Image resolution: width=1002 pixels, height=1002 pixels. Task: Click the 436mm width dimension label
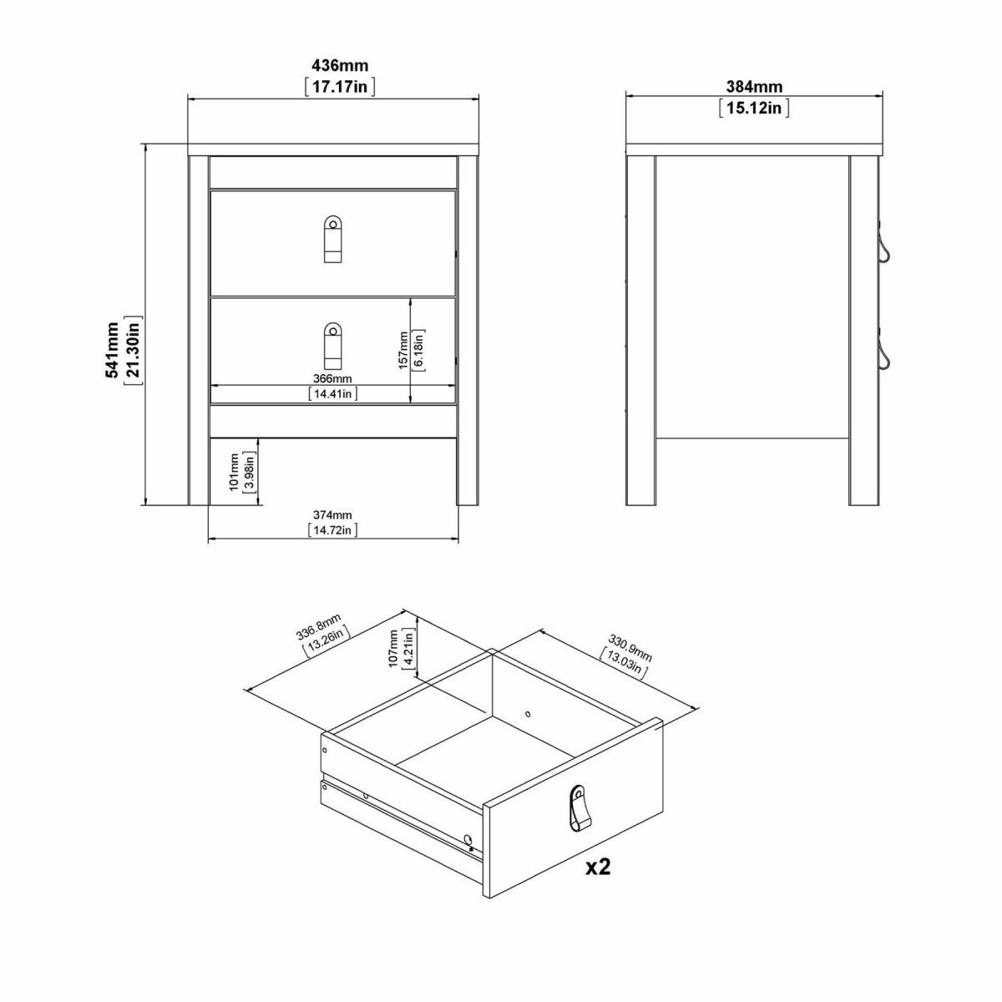pyautogui.click(x=340, y=65)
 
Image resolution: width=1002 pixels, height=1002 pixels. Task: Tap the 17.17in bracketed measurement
pyautogui.click(x=340, y=86)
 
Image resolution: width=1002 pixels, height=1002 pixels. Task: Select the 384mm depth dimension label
pyautogui.click(x=754, y=86)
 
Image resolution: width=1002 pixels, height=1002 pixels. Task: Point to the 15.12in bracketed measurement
pyautogui.click(x=754, y=108)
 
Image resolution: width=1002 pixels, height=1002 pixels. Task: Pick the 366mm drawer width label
pyautogui.click(x=332, y=378)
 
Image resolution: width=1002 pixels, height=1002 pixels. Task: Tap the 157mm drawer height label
pyautogui.click(x=403, y=351)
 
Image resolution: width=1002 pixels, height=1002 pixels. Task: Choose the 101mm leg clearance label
pyautogui.click(x=234, y=472)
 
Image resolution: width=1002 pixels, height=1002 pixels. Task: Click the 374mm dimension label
pyautogui.click(x=332, y=515)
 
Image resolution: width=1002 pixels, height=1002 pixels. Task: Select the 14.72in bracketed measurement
pyautogui.click(x=333, y=530)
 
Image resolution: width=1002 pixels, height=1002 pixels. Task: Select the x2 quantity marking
pyautogui.click(x=598, y=867)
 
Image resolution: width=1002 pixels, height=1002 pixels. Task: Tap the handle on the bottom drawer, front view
pyautogui.click(x=332, y=345)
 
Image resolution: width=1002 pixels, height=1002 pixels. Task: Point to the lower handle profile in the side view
pyautogui.click(x=883, y=352)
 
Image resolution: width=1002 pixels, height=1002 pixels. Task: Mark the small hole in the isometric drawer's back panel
pyautogui.click(x=528, y=714)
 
